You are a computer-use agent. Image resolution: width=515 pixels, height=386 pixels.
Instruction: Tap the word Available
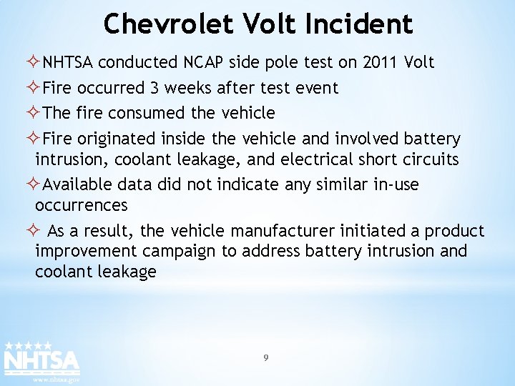pyautogui.click(x=77, y=184)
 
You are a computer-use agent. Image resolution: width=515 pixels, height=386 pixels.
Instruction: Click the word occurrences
pyautogui.click(x=82, y=205)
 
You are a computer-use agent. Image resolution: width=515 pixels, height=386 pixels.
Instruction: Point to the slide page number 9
pyautogui.click(x=266, y=358)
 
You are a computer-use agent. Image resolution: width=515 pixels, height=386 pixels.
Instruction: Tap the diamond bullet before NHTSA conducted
pyautogui.click(x=36, y=63)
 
